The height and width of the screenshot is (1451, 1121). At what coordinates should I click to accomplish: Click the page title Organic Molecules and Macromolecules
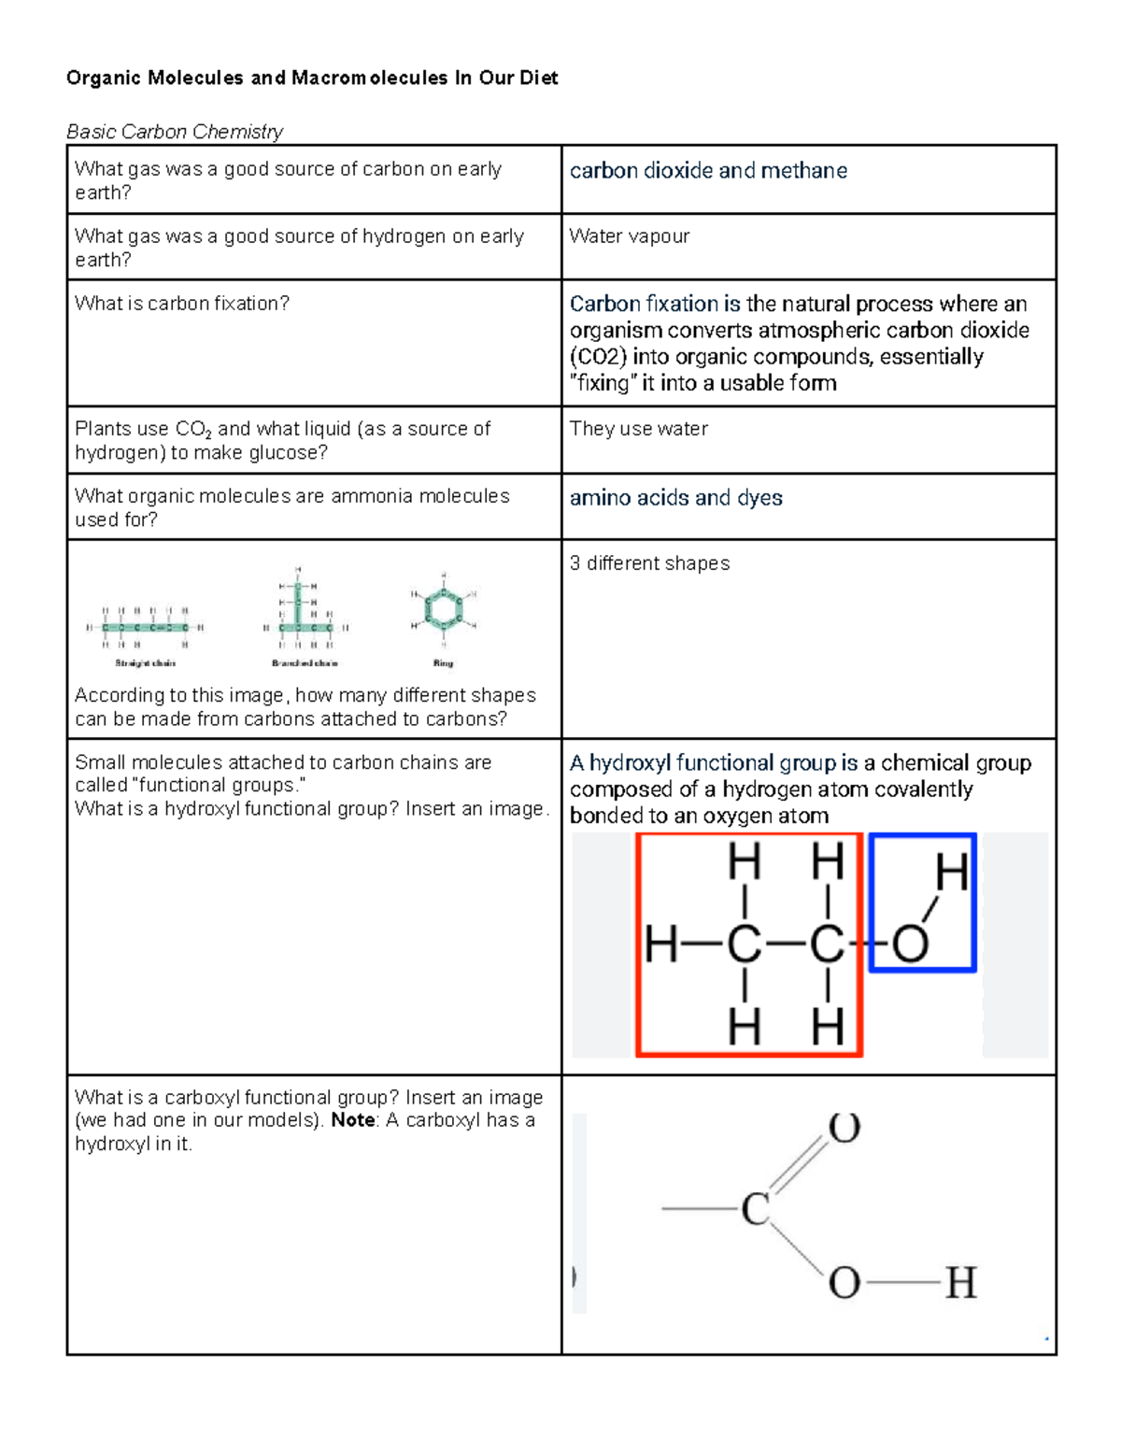(x=311, y=78)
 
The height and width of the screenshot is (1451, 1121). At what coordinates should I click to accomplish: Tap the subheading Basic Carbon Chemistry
(x=175, y=132)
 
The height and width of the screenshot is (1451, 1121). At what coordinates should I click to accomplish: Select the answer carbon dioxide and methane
(x=708, y=171)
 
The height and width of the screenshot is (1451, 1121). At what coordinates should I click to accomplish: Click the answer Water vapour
(x=629, y=236)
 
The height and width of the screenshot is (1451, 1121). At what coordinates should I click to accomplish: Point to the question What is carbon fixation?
(x=182, y=304)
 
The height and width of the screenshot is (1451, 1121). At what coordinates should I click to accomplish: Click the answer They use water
(x=638, y=429)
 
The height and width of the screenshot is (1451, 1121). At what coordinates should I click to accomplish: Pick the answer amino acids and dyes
(x=675, y=498)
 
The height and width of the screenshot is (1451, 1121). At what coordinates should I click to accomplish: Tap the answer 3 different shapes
(x=649, y=563)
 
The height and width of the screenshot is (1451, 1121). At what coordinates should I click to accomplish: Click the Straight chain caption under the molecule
(x=145, y=663)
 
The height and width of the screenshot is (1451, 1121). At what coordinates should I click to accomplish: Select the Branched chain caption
(x=305, y=663)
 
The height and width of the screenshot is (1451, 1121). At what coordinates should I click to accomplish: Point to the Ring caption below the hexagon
(x=443, y=663)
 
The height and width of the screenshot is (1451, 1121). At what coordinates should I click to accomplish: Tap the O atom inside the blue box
(x=909, y=944)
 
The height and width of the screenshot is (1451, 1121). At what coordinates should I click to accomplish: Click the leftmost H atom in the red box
(x=661, y=945)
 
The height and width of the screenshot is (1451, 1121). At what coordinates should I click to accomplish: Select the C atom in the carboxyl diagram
(x=755, y=1209)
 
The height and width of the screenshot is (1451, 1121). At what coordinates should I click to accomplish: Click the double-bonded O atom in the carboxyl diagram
(x=844, y=1129)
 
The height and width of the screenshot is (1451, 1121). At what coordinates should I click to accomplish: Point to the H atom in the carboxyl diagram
(x=960, y=1283)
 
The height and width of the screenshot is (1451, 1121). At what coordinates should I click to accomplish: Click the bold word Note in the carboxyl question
(x=352, y=1120)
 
